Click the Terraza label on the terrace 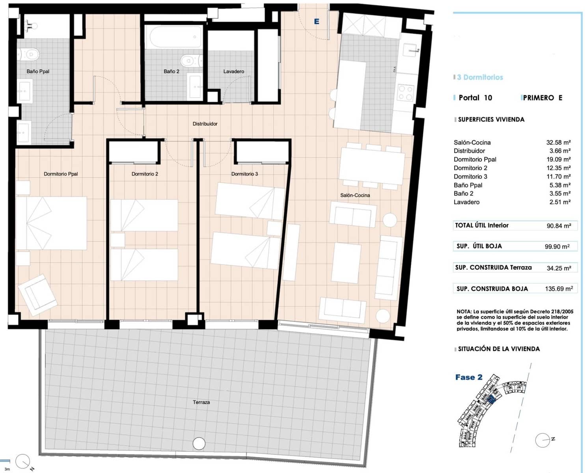click(201, 402)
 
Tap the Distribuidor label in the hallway click(205, 124)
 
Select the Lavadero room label click(233, 71)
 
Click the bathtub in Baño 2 click(173, 37)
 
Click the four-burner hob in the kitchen click(405, 93)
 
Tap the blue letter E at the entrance click(316, 22)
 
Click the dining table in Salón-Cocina click(371, 166)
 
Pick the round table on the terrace click(199, 443)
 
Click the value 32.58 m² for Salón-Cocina click(558, 142)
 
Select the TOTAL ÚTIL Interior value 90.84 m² click(559, 226)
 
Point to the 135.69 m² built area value click(559, 289)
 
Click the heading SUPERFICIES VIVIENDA click(491, 119)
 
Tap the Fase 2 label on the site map click(469, 377)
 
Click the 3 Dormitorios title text click(480, 77)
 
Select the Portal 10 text click(475, 98)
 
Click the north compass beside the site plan click(543, 440)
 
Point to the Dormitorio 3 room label click(244, 174)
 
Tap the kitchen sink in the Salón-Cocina click(410, 50)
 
